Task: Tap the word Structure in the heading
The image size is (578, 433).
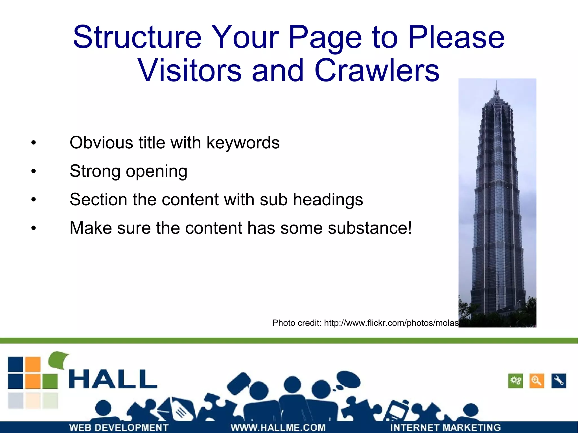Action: (137, 37)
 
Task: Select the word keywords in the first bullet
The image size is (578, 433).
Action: (243, 143)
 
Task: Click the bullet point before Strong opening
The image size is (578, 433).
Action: (34, 171)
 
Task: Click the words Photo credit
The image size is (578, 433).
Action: (297, 323)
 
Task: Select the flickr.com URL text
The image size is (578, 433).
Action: (391, 323)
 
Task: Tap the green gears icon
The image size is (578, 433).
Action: (516, 381)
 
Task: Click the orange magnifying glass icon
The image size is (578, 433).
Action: (537, 381)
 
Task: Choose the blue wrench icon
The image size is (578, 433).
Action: (559, 381)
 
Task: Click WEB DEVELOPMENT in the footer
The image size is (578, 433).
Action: (119, 427)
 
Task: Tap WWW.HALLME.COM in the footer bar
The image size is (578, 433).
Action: (278, 427)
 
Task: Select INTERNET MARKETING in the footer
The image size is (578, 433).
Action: (445, 427)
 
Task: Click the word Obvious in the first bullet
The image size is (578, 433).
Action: (101, 143)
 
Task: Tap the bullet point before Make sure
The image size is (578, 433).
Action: (34, 228)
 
